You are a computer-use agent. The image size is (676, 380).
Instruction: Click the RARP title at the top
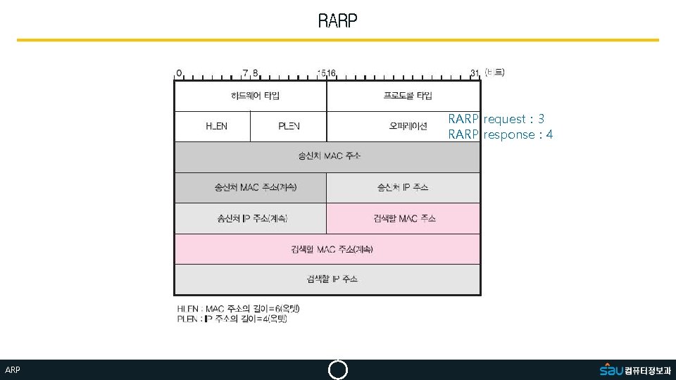click(x=338, y=21)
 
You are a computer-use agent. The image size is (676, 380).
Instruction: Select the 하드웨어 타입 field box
click(x=251, y=96)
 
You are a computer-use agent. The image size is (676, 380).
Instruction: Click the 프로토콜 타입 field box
click(x=403, y=96)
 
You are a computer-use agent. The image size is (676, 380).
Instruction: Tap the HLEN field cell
click(x=213, y=127)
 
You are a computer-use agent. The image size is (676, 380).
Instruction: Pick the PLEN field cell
click(x=289, y=127)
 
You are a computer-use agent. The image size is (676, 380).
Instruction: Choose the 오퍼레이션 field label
click(x=408, y=127)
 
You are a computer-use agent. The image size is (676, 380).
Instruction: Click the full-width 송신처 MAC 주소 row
click(x=327, y=156)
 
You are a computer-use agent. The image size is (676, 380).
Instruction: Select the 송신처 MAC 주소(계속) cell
click(x=251, y=187)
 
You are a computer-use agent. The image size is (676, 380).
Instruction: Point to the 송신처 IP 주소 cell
click(x=403, y=187)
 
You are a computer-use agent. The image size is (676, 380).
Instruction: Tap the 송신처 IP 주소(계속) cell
click(x=251, y=218)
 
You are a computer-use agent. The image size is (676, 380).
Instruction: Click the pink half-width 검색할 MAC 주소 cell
click(x=403, y=218)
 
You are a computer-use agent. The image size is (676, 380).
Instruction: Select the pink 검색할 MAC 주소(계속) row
click(x=327, y=249)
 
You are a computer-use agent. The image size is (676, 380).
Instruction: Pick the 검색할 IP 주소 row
click(x=327, y=279)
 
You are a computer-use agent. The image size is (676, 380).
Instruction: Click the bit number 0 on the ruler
click(x=179, y=72)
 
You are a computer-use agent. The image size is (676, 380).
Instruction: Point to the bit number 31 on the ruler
click(x=475, y=72)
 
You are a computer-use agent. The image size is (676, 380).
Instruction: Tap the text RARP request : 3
click(x=496, y=119)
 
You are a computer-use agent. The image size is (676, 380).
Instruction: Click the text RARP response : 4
click(x=501, y=134)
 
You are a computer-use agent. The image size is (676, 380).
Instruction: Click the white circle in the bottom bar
click(x=338, y=370)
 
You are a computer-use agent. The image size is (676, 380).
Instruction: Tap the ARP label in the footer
click(x=13, y=370)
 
